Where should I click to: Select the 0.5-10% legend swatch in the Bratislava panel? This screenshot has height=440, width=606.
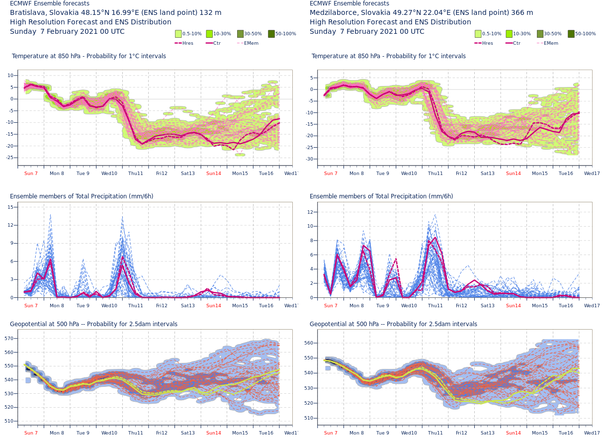pyautogui.click(x=178, y=34)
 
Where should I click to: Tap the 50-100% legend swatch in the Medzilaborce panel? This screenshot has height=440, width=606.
pyautogui.click(x=571, y=34)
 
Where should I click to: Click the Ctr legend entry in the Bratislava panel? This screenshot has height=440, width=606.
pyautogui.click(x=214, y=43)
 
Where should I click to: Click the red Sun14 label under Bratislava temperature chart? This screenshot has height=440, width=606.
pyautogui.click(x=214, y=174)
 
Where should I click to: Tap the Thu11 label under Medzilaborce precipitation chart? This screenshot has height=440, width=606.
pyautogui.click(x=435, y=306)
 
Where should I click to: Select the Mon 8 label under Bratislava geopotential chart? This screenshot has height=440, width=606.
pyautogui.click(x=57, y=433)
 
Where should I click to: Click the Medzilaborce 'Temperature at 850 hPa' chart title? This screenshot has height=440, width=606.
pyautogui.click(x=389, y=56)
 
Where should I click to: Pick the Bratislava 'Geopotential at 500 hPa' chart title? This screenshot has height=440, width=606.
pyautogui.click(x=93, y=324)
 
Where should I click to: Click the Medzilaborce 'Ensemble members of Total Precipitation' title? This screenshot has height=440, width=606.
pyautogui.click(x=381, y=196)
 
